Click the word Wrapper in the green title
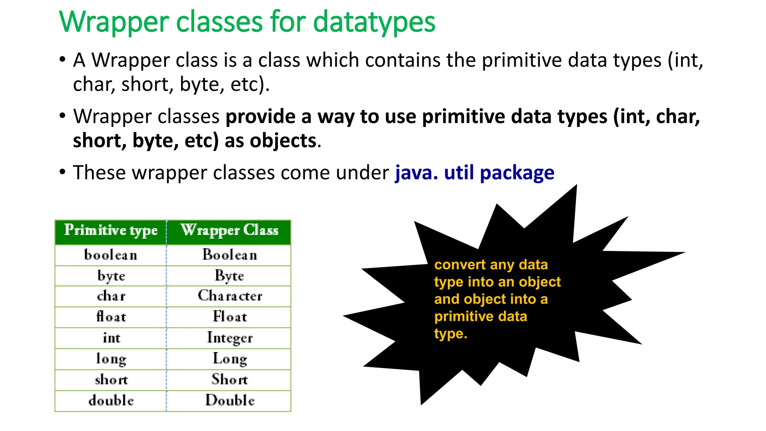point(114,22)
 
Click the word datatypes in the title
point(374,22)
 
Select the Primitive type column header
point(111,230)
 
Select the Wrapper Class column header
point(229,230)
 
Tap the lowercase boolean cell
point(111,255)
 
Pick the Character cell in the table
point(230,296)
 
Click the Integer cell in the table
point(230,338)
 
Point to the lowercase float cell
point(111,317)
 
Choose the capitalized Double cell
point(230,400)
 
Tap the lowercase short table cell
point(111,380)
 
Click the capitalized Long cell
point(230,359)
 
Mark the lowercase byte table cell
point(111,276)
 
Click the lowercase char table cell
point(111,296)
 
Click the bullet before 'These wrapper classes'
point(62,172)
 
